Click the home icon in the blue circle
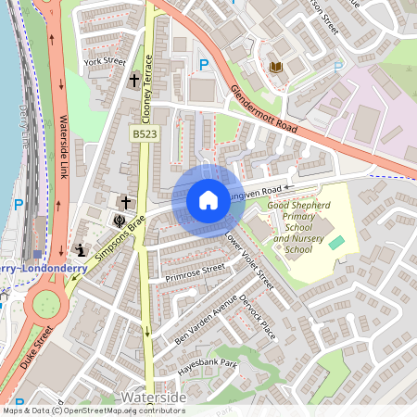208,200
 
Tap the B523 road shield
142,134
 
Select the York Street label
104,62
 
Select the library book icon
275,67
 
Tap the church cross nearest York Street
133,82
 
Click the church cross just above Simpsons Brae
123,201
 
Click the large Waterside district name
154,398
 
